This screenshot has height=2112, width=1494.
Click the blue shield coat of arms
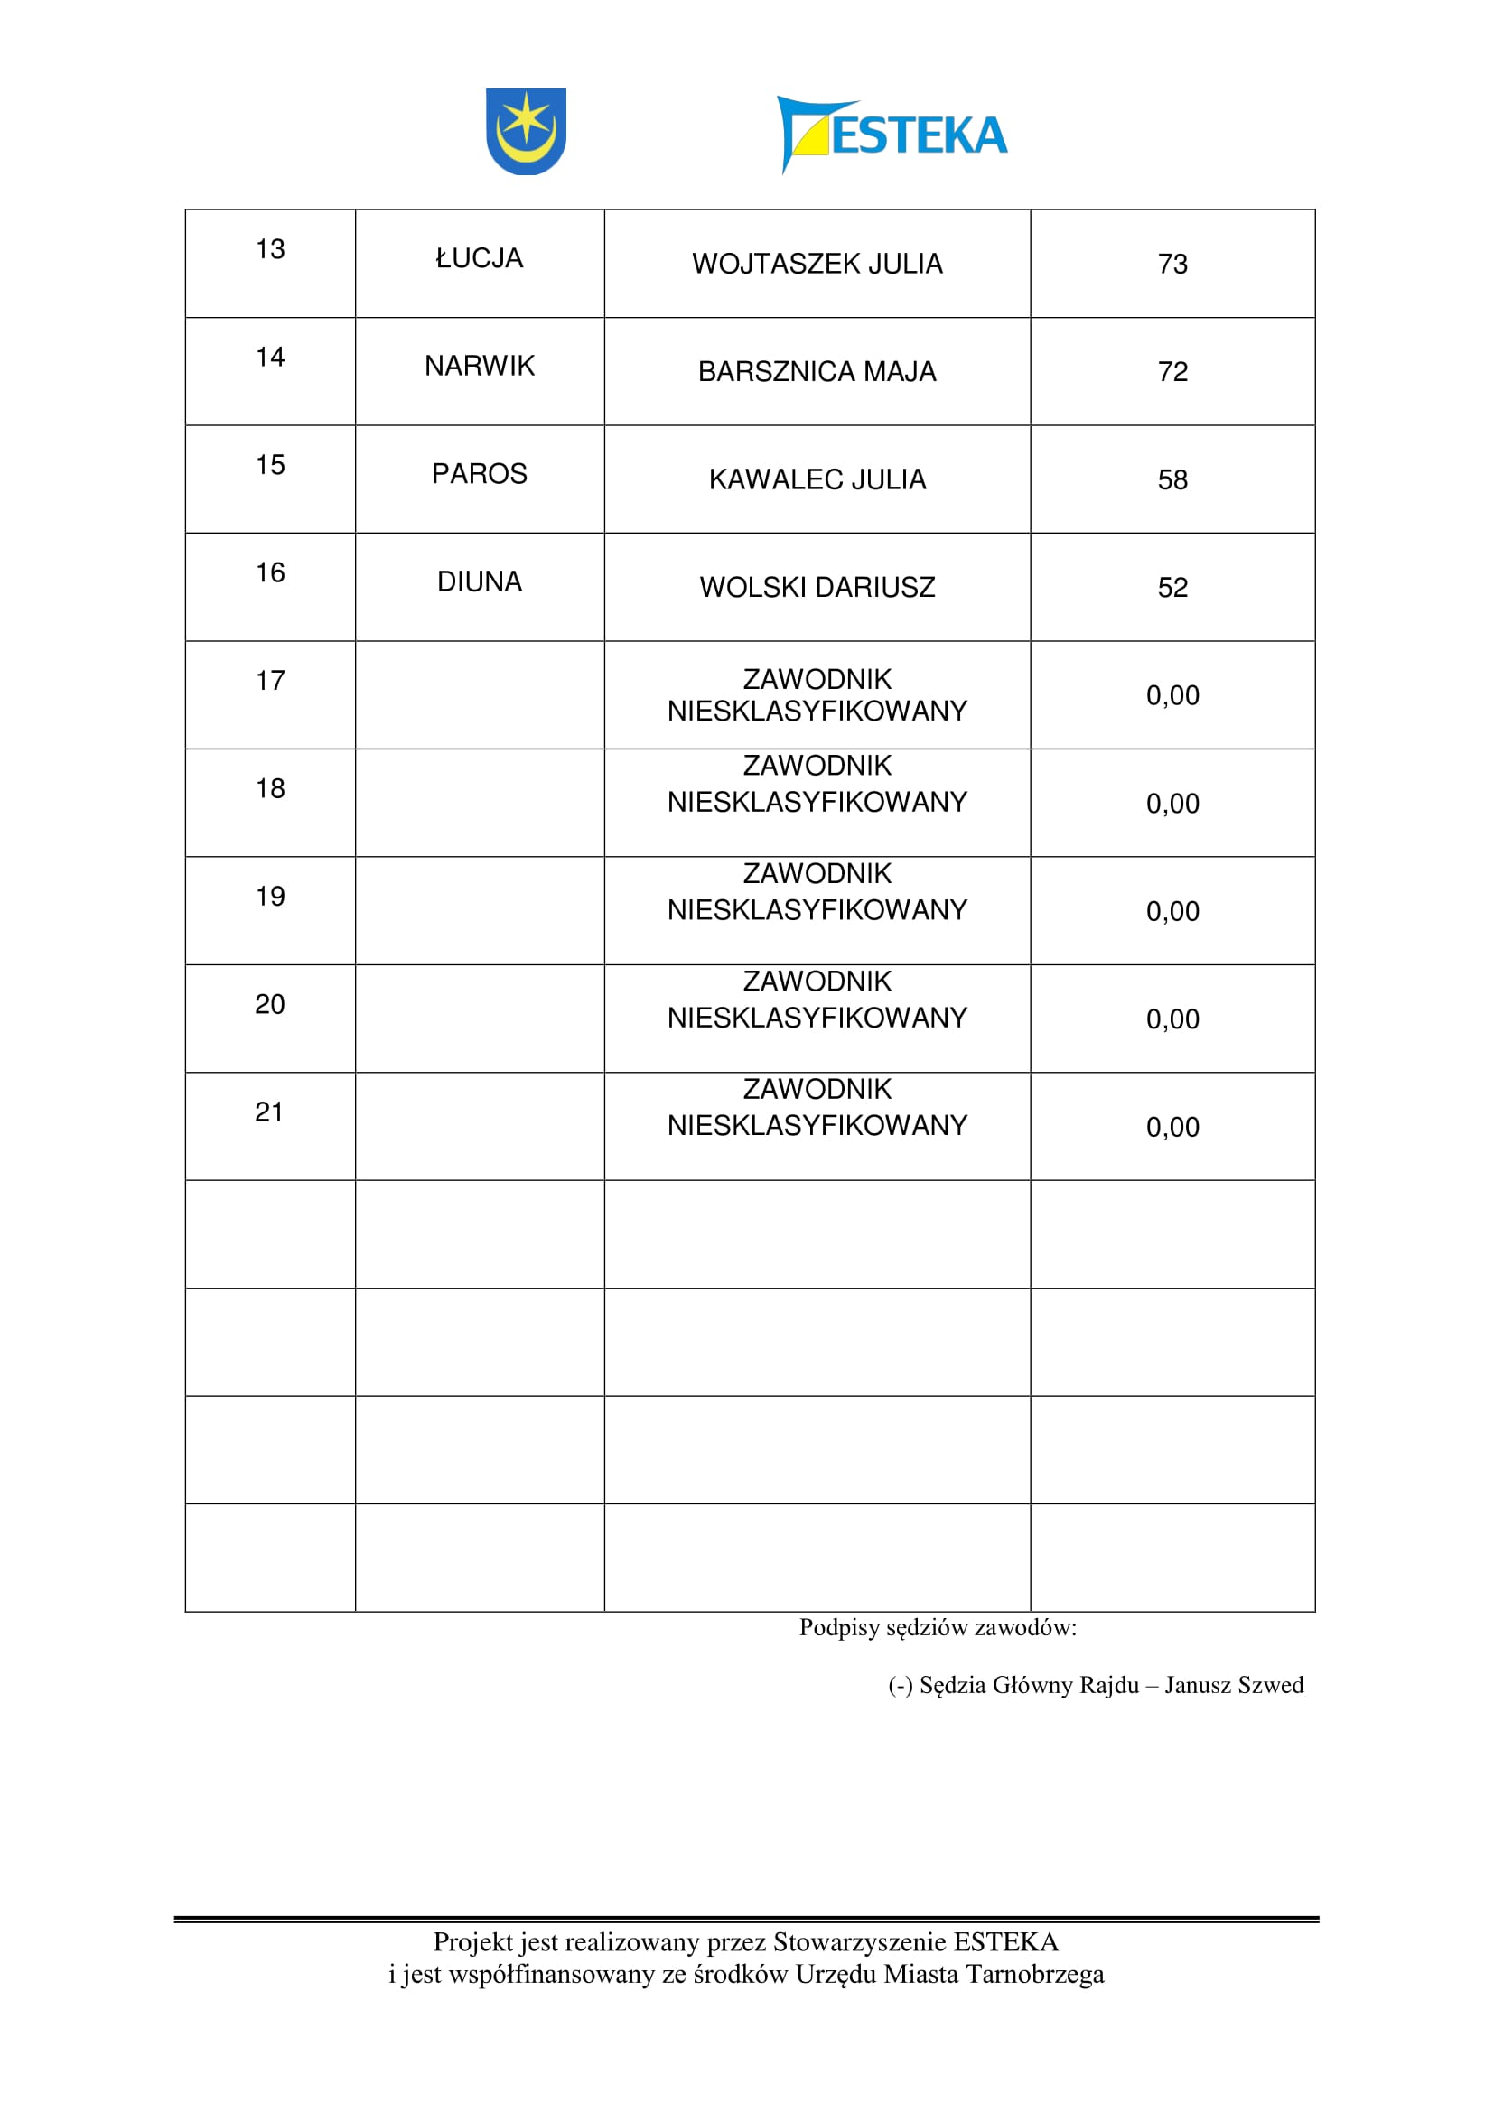526,132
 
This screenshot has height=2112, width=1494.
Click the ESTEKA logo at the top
892,135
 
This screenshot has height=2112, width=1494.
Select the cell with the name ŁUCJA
480,258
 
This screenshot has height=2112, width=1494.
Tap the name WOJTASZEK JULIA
817,265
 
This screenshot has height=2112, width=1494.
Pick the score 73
1172,265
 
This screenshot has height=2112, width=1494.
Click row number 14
269,357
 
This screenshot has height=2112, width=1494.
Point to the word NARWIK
480,366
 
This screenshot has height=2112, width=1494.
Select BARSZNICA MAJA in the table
817,372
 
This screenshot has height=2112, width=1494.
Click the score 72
1172,372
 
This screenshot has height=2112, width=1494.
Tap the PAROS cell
480,474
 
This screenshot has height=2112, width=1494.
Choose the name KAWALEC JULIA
817,480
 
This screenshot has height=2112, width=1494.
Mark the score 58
1172,480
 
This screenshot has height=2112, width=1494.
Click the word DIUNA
480,581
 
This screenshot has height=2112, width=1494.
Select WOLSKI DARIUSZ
817,588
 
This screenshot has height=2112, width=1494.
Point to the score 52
1172,588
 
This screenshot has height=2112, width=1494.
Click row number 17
269,681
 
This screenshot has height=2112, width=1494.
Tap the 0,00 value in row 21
1172,1127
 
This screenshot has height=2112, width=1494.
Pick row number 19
269,896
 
